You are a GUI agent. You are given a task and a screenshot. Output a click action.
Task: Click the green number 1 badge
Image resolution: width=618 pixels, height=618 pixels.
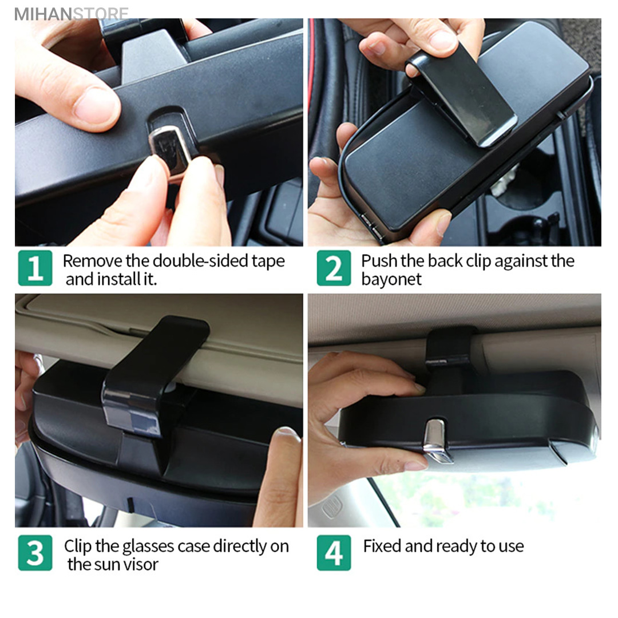(35, 268)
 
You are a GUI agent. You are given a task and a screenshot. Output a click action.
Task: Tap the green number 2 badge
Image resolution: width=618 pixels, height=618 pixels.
(334, 268)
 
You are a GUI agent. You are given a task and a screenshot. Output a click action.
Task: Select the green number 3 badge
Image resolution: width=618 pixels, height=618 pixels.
(35, 553)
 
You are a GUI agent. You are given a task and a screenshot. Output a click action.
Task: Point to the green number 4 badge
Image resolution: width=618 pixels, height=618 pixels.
(334, 553)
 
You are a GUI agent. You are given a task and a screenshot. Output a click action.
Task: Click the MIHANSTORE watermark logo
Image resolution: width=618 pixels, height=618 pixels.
(72, 14)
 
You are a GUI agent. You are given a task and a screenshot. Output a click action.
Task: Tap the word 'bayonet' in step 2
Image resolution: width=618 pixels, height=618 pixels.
(391, 279)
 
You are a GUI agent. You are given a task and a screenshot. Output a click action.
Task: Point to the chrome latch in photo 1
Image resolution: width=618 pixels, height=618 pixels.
(170, 150)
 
